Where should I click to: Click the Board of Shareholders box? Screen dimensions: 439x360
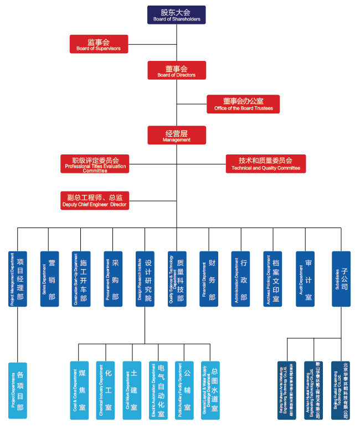pos(176,15)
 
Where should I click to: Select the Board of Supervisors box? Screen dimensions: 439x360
pos(99,44)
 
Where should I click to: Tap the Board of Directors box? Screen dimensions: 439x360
pos(177,70)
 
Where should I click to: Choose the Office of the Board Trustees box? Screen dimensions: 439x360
pos(243,104)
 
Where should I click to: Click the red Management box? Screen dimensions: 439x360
pos(177,136)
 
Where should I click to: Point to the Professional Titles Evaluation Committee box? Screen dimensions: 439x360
pos(95,164)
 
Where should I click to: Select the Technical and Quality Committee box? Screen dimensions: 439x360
pos(265,164)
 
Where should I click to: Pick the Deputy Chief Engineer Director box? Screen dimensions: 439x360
pos(95,200)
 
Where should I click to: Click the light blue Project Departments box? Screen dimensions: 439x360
pos(18,390)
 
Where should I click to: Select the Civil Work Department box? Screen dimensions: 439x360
pos(132,390)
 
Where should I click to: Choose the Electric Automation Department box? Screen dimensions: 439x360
pos(158,390)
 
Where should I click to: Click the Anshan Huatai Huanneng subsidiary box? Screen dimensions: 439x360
pos(313,390)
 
